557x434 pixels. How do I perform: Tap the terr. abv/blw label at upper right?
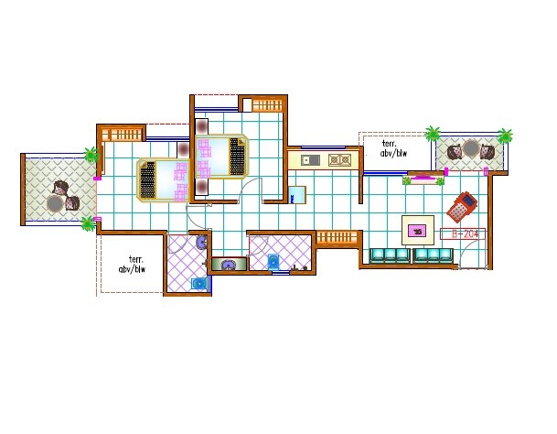395,150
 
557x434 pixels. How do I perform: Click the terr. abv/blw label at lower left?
132,265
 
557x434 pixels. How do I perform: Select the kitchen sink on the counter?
309,160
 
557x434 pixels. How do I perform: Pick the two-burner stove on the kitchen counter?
339,160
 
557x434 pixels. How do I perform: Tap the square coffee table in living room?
419,228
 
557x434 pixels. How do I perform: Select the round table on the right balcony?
470,149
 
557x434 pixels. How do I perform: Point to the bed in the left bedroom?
163,179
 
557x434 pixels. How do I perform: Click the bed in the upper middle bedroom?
222,157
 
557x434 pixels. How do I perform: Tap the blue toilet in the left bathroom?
198,283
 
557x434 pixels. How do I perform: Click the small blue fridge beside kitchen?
296,195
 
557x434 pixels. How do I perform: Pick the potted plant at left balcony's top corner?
91,155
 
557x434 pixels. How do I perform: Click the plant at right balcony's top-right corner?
506,136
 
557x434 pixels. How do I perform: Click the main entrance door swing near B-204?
472,256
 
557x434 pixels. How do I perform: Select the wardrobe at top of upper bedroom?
264,105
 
